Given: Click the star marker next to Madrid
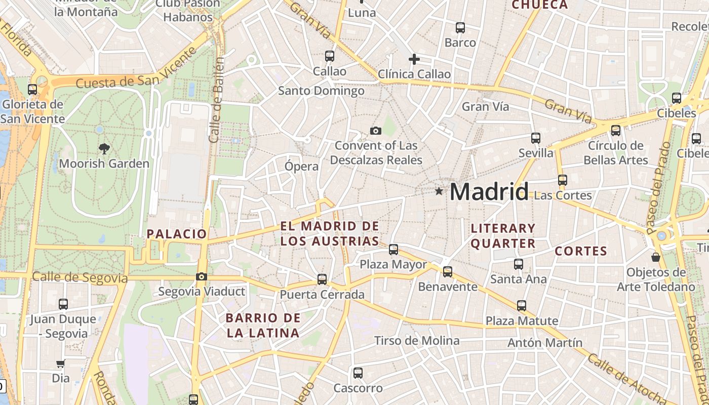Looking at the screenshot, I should [439, 191].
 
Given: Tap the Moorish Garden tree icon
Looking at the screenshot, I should [104, 148].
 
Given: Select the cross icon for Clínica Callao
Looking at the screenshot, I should [414, 59].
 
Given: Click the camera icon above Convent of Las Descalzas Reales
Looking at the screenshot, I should [375, 131].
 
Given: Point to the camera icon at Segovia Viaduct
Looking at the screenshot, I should [202, 276].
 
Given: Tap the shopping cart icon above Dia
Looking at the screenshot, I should [60, 363].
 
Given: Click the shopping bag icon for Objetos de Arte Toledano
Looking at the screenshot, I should [656, 257].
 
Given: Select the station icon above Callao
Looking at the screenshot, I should [330, 56].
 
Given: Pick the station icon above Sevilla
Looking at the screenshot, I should [536, 138].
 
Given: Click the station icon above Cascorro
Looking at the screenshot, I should [358, 373].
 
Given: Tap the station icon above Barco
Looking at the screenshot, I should [460, 27].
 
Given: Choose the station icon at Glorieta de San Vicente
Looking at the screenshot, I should [32, 89].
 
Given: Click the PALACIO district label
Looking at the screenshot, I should [177, 234].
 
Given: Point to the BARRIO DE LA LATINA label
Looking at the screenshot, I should [263, 326].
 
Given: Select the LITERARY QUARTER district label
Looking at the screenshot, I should [503, 236].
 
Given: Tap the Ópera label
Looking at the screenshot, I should [302, 166].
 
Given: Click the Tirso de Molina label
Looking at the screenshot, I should [417, 341].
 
